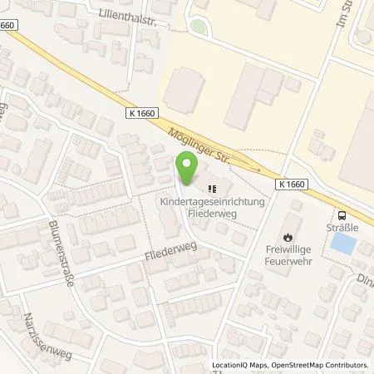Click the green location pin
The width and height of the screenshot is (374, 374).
(189, 169)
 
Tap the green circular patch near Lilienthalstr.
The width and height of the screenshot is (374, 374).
(197, 27)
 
